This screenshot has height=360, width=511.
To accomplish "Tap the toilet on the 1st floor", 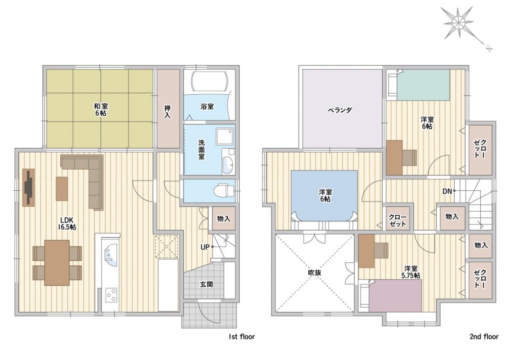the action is tap(224, 190).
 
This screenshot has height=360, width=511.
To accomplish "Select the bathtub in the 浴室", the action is tap(208, 81).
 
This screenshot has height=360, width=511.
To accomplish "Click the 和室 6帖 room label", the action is tap(101, 110).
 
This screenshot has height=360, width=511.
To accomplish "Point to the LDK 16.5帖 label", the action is tap(67, 223).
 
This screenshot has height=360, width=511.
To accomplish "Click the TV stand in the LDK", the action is tap(28, 187).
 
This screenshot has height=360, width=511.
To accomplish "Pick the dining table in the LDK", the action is tap(57, 262).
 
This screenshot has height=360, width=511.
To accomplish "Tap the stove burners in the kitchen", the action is tap(111, 295).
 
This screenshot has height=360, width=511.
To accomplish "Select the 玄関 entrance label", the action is tap(206, 284).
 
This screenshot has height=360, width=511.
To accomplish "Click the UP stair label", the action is tap(205, 247).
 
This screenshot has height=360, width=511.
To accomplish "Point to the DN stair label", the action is tap(447, 191).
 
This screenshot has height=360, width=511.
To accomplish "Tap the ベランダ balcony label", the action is tap(340, 110).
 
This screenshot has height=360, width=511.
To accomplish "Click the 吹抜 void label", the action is tap(315, 273).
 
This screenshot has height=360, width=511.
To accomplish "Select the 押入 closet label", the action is tap(167, 111).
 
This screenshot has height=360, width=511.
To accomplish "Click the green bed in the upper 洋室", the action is tap(423, 85).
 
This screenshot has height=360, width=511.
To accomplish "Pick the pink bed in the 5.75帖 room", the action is tap(395, 296).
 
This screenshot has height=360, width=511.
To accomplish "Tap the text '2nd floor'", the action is tap(484, 337).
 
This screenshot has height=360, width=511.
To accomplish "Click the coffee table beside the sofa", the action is tap(62, 189).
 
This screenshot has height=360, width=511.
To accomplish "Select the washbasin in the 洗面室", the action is tap(228, 164).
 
